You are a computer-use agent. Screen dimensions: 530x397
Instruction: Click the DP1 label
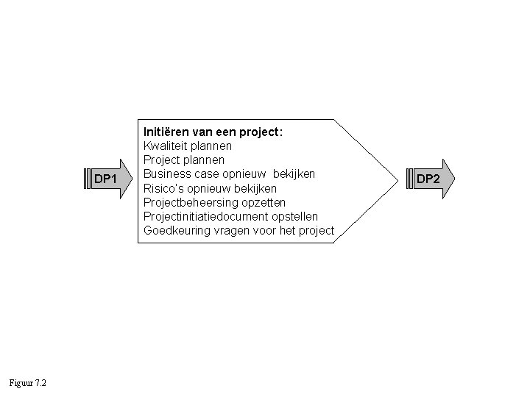[x=106, y=179]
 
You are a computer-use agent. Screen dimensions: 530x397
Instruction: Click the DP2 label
[x=428, y=179]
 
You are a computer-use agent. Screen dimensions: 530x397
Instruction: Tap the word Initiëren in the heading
[x=166, y=132]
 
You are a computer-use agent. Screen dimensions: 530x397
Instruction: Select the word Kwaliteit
[x=166, y=146]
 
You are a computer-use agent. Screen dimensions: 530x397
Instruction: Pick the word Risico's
[x=163, y=188]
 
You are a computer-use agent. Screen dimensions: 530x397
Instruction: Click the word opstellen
[x=294, y=216]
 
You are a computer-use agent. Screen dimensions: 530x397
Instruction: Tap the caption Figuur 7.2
[x=28, y=383]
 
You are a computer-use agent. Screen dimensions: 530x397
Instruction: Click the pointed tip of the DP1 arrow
[x=132, y=179]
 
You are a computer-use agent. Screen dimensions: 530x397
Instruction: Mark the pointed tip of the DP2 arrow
[x=454, y=179]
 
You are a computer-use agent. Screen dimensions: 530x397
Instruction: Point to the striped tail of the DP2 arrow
[x=411, y=179]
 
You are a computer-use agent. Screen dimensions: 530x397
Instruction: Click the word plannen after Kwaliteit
[x=211, y=146]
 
